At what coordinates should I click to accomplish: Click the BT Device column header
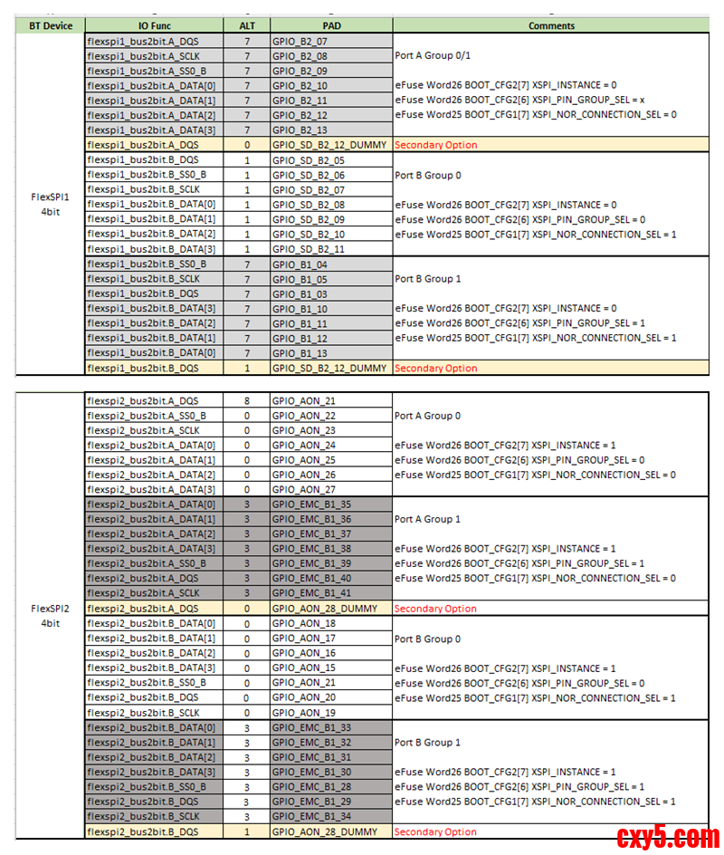click(x=51, y=26)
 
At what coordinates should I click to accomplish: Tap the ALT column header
click(x=246, y=26)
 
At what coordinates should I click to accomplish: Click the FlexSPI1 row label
click(x=51, y=196)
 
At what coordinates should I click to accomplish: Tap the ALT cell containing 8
click(x=246, y=400)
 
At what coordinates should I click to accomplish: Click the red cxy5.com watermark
click(x=668, y=836)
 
